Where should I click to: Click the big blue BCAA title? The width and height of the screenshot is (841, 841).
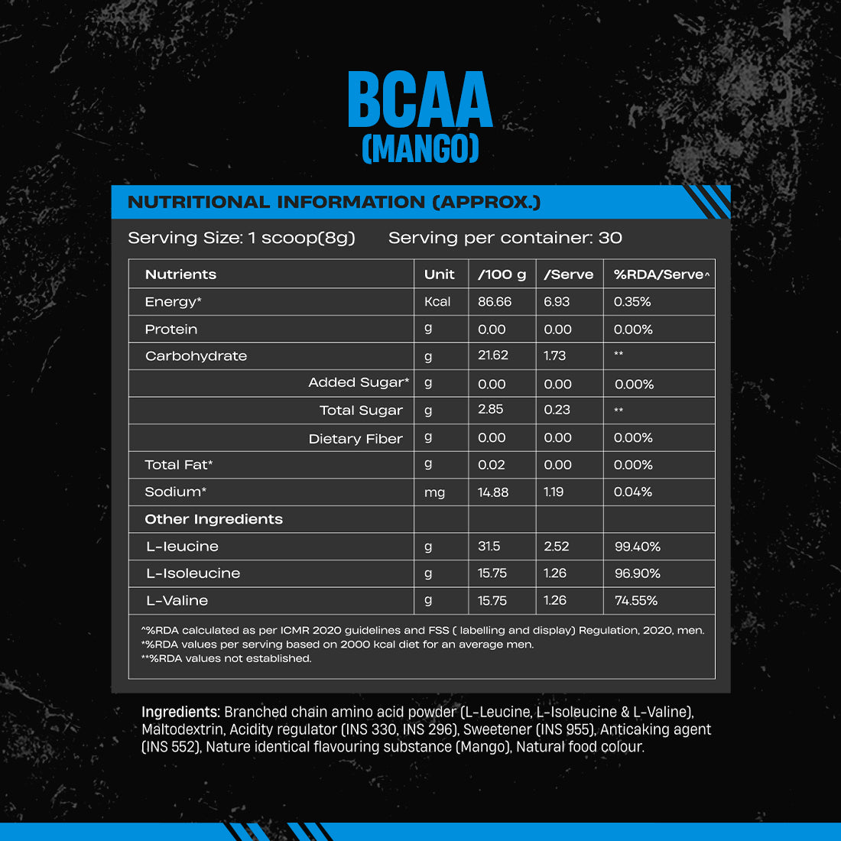420,100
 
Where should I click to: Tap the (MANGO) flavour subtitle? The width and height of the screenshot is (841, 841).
420,148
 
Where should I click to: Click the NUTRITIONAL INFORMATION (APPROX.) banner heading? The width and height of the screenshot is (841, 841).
334,203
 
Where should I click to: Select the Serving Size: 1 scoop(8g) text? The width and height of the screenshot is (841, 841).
242,238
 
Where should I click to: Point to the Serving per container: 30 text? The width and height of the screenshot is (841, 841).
505,238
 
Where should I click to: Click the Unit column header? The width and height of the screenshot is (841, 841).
439,274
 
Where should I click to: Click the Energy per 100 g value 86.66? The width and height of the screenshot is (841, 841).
495,302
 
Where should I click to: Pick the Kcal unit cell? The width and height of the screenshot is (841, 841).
437,302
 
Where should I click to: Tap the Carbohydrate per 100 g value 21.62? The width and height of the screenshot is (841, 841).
493,356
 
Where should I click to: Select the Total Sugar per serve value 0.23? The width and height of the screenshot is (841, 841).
557,410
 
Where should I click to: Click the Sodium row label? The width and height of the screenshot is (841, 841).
176,492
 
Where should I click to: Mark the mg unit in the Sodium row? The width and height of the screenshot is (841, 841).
434,492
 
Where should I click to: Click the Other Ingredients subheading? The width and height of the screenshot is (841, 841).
213,519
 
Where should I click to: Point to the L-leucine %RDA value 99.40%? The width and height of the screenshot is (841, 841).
637,547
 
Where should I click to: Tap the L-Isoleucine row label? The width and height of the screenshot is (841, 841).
193,573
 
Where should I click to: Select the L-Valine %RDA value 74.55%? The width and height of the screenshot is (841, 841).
636,601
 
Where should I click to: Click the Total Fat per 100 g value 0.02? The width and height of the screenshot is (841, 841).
492,465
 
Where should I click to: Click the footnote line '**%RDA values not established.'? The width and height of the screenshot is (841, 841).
226,658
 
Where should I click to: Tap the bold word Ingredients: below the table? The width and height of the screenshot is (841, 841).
180,712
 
